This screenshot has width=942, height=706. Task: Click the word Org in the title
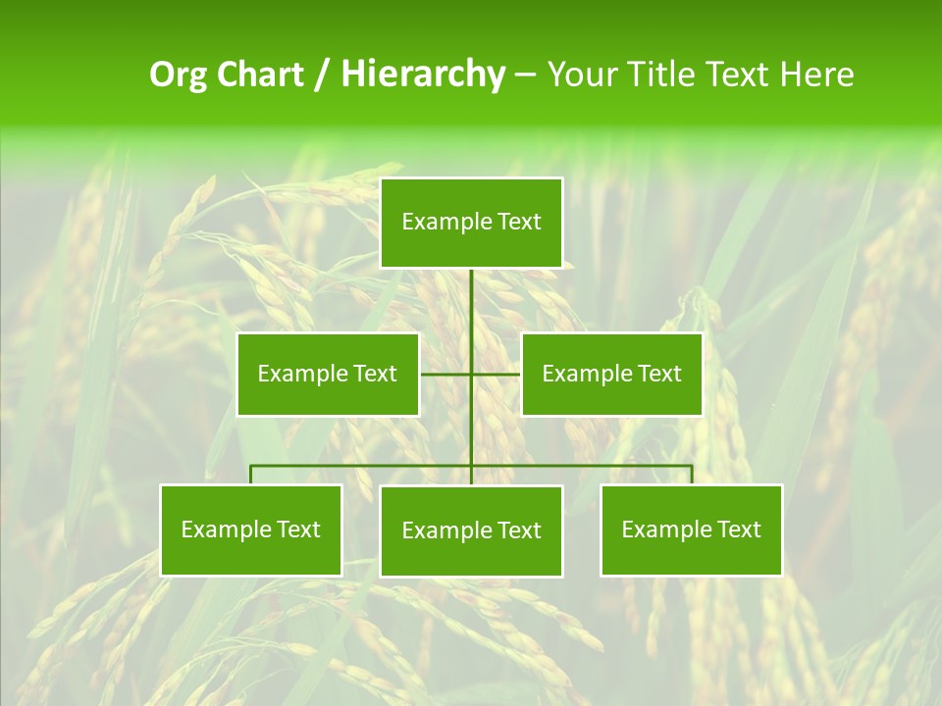(178, 75)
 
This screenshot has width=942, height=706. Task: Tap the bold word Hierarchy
(423, 75)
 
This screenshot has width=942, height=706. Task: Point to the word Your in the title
(580, 75)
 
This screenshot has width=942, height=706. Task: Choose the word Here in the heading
(816, 75)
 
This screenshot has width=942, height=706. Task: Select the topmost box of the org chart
(471, 223)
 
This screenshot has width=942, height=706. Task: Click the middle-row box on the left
(328, 374)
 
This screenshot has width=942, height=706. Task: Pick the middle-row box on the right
(611, 374)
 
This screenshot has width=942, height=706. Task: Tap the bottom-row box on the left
(251, 529)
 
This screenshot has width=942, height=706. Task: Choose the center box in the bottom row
(471, 530)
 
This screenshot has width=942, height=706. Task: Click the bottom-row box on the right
(691, 529)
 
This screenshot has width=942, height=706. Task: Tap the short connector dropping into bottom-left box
(251, 475)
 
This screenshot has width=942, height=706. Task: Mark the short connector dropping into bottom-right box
(691, 475)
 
